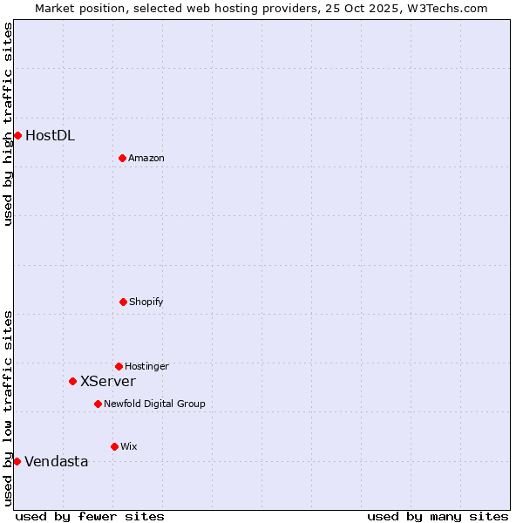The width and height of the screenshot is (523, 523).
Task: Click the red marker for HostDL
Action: [x=17, y=135]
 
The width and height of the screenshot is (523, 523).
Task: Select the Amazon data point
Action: [x=122, y=158]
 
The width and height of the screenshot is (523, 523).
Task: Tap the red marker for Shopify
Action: [x=123, y=302]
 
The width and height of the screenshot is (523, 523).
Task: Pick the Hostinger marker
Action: [x=119, y=366]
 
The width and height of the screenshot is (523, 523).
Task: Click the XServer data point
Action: [x=72, y=381]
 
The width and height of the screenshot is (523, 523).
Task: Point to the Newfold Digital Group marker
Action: [x=98, y=404]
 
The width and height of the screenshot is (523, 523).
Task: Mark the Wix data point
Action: [x=114, y=446]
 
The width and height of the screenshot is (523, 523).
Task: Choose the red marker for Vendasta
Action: [x=17, y=461]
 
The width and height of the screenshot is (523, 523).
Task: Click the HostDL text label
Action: [x=50, y=135]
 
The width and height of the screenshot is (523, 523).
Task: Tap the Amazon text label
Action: [x=146, y=158]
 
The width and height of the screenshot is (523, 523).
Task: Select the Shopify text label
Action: [x=146, y=302]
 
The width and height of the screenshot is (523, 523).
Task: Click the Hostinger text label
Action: [x=146, y=366]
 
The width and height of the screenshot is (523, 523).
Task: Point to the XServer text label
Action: [x=108, y=381]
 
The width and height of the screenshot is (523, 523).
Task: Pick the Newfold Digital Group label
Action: [x=154, y=404]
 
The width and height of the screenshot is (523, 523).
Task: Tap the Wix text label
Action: [x=129, y=446]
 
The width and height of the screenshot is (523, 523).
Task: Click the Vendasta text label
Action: [x=57, y=461]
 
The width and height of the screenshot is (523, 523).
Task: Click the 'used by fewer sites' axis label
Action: [x=90, y=516]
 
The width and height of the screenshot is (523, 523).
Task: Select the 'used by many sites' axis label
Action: [x=438, y=516]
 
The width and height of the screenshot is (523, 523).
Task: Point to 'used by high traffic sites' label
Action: [x=8, y=124]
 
